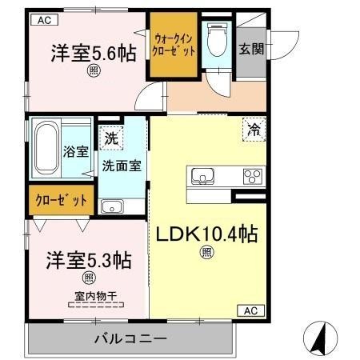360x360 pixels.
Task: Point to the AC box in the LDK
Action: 250,310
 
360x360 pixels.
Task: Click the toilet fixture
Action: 214,41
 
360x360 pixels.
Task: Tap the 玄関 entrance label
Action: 251,49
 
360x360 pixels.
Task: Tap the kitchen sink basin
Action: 201,175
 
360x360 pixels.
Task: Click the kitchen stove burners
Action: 253,176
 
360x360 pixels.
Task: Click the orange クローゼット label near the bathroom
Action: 60,200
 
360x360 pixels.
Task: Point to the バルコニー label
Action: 130,338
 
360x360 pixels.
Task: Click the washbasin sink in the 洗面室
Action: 113,206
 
